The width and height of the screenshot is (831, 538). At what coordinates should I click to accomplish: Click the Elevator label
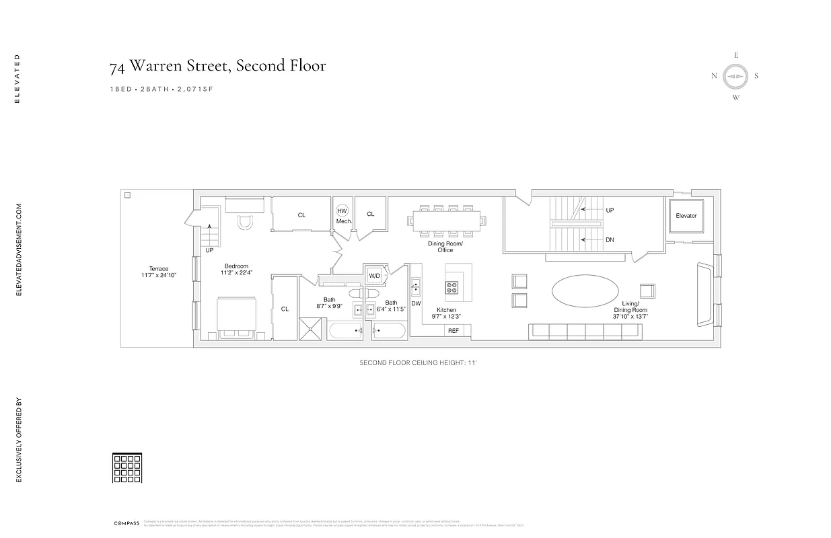(x=686, y=216)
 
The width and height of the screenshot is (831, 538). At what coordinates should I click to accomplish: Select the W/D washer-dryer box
(x=374, y=276)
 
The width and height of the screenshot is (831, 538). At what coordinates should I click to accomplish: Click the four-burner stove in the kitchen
(x=451, y=288)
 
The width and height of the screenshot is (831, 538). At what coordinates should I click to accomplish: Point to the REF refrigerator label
(x=454, y=331)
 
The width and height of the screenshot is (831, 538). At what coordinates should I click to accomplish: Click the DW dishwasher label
(x=416, y=304)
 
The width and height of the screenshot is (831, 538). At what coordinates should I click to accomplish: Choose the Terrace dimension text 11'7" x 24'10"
(x=159, y=275)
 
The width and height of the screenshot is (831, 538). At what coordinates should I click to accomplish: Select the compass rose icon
(x=735, y=77)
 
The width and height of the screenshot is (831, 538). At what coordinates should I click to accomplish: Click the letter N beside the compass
(x=714, y=76)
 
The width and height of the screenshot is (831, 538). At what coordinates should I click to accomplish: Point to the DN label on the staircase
(x=610, y=239)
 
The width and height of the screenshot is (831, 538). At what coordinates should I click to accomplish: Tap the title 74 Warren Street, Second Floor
(x=218, y=66)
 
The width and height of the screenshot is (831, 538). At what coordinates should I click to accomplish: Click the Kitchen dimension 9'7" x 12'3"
(x=446, y=316)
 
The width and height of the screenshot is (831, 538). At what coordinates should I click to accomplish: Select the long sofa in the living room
(x=584, y=330)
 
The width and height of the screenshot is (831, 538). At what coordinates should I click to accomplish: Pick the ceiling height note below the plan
(x=418, y=363)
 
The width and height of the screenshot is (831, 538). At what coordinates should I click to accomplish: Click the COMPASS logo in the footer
(x=127, y=523)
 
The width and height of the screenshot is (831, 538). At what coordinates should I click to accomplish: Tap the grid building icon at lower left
(x=127, y=468)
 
